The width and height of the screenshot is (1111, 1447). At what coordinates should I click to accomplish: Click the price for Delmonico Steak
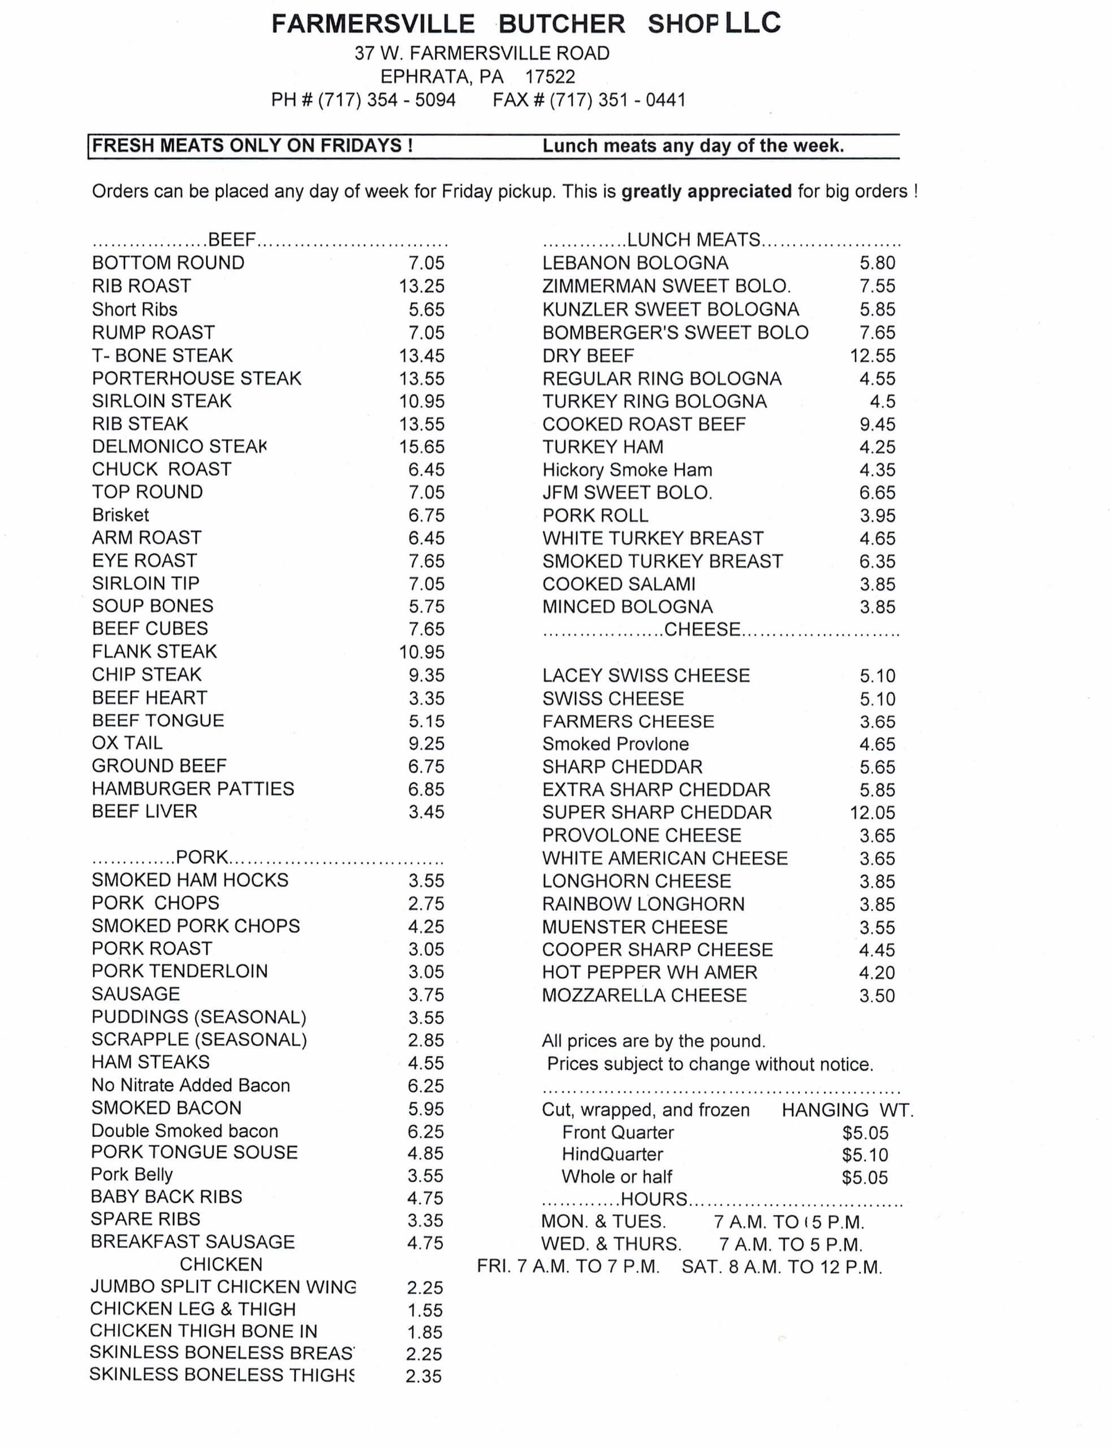[421, 447]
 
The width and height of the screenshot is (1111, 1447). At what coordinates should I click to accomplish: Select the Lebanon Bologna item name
[635, 263]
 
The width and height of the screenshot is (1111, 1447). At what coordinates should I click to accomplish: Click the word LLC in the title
[753, 23]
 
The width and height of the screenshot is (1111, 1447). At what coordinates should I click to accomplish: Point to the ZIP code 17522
[550, 77]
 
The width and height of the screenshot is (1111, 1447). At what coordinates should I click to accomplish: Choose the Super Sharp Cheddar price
[872, 812]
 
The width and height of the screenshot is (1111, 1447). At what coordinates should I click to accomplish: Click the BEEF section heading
[231, 239]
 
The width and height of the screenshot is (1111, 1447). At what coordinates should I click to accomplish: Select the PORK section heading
[202, 857]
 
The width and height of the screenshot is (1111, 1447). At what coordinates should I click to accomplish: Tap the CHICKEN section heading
[221, 1264]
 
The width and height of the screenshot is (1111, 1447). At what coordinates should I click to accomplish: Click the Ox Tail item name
[127, 743]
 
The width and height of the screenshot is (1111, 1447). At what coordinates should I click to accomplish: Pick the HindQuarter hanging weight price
[865, 1155]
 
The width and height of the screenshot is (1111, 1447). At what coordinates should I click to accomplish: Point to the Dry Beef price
[872, 356]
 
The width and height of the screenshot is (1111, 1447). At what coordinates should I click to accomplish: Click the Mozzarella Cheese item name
[644, 995]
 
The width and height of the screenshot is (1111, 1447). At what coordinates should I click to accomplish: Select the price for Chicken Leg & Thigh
[425, 1310]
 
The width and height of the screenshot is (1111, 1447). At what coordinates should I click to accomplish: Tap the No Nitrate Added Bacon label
[191, 1085]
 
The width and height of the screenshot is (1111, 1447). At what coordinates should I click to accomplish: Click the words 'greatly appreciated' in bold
[706, 191]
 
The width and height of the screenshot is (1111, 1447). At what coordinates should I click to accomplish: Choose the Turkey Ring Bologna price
[882, 401]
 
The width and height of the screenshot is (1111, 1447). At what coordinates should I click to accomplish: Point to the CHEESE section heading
[702, 629]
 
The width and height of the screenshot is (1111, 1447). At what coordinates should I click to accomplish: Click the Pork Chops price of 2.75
[426, 904]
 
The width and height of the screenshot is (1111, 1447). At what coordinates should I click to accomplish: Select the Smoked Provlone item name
[615, 744]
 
